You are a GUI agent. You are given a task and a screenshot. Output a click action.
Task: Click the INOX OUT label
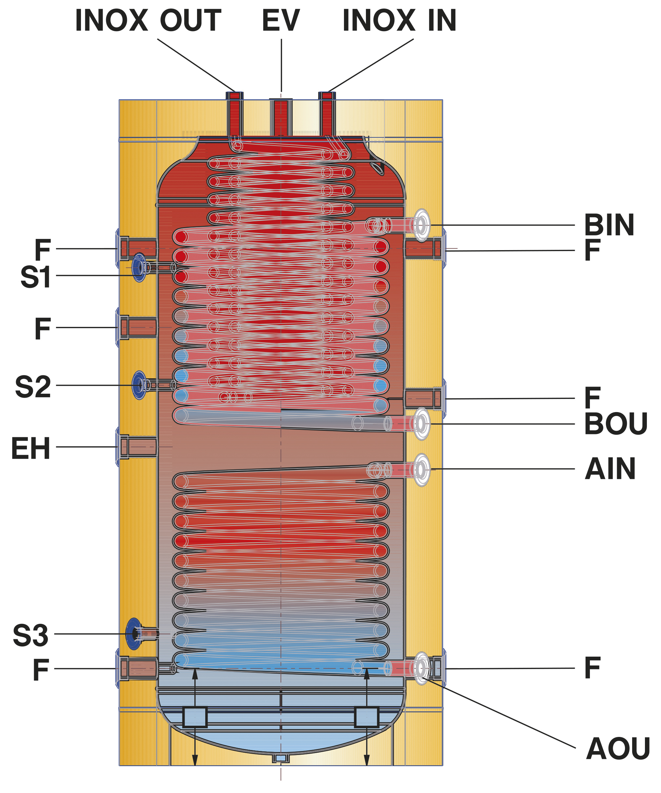pos(148,20)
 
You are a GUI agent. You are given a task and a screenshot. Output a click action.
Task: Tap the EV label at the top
pos(281,20)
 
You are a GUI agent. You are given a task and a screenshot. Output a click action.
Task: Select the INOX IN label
pos(399,20)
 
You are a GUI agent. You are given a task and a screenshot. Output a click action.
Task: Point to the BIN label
pos(609,225)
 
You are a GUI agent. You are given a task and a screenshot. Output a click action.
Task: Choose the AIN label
pos(610,469)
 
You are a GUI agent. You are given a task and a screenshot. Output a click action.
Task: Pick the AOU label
pos(618,748)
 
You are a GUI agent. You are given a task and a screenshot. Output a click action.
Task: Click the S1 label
pos(35,277)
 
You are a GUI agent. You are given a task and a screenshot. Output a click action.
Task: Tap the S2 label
pos(33,387)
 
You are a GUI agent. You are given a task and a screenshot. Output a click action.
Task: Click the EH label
pos(30,448)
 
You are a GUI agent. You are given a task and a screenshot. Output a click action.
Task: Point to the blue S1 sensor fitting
pos(139,268)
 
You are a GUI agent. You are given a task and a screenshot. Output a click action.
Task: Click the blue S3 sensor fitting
pos(134,634)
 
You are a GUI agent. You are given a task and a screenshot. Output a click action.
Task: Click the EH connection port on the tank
pos(137,447)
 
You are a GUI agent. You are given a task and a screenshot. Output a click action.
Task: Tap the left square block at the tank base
pos(195,717)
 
